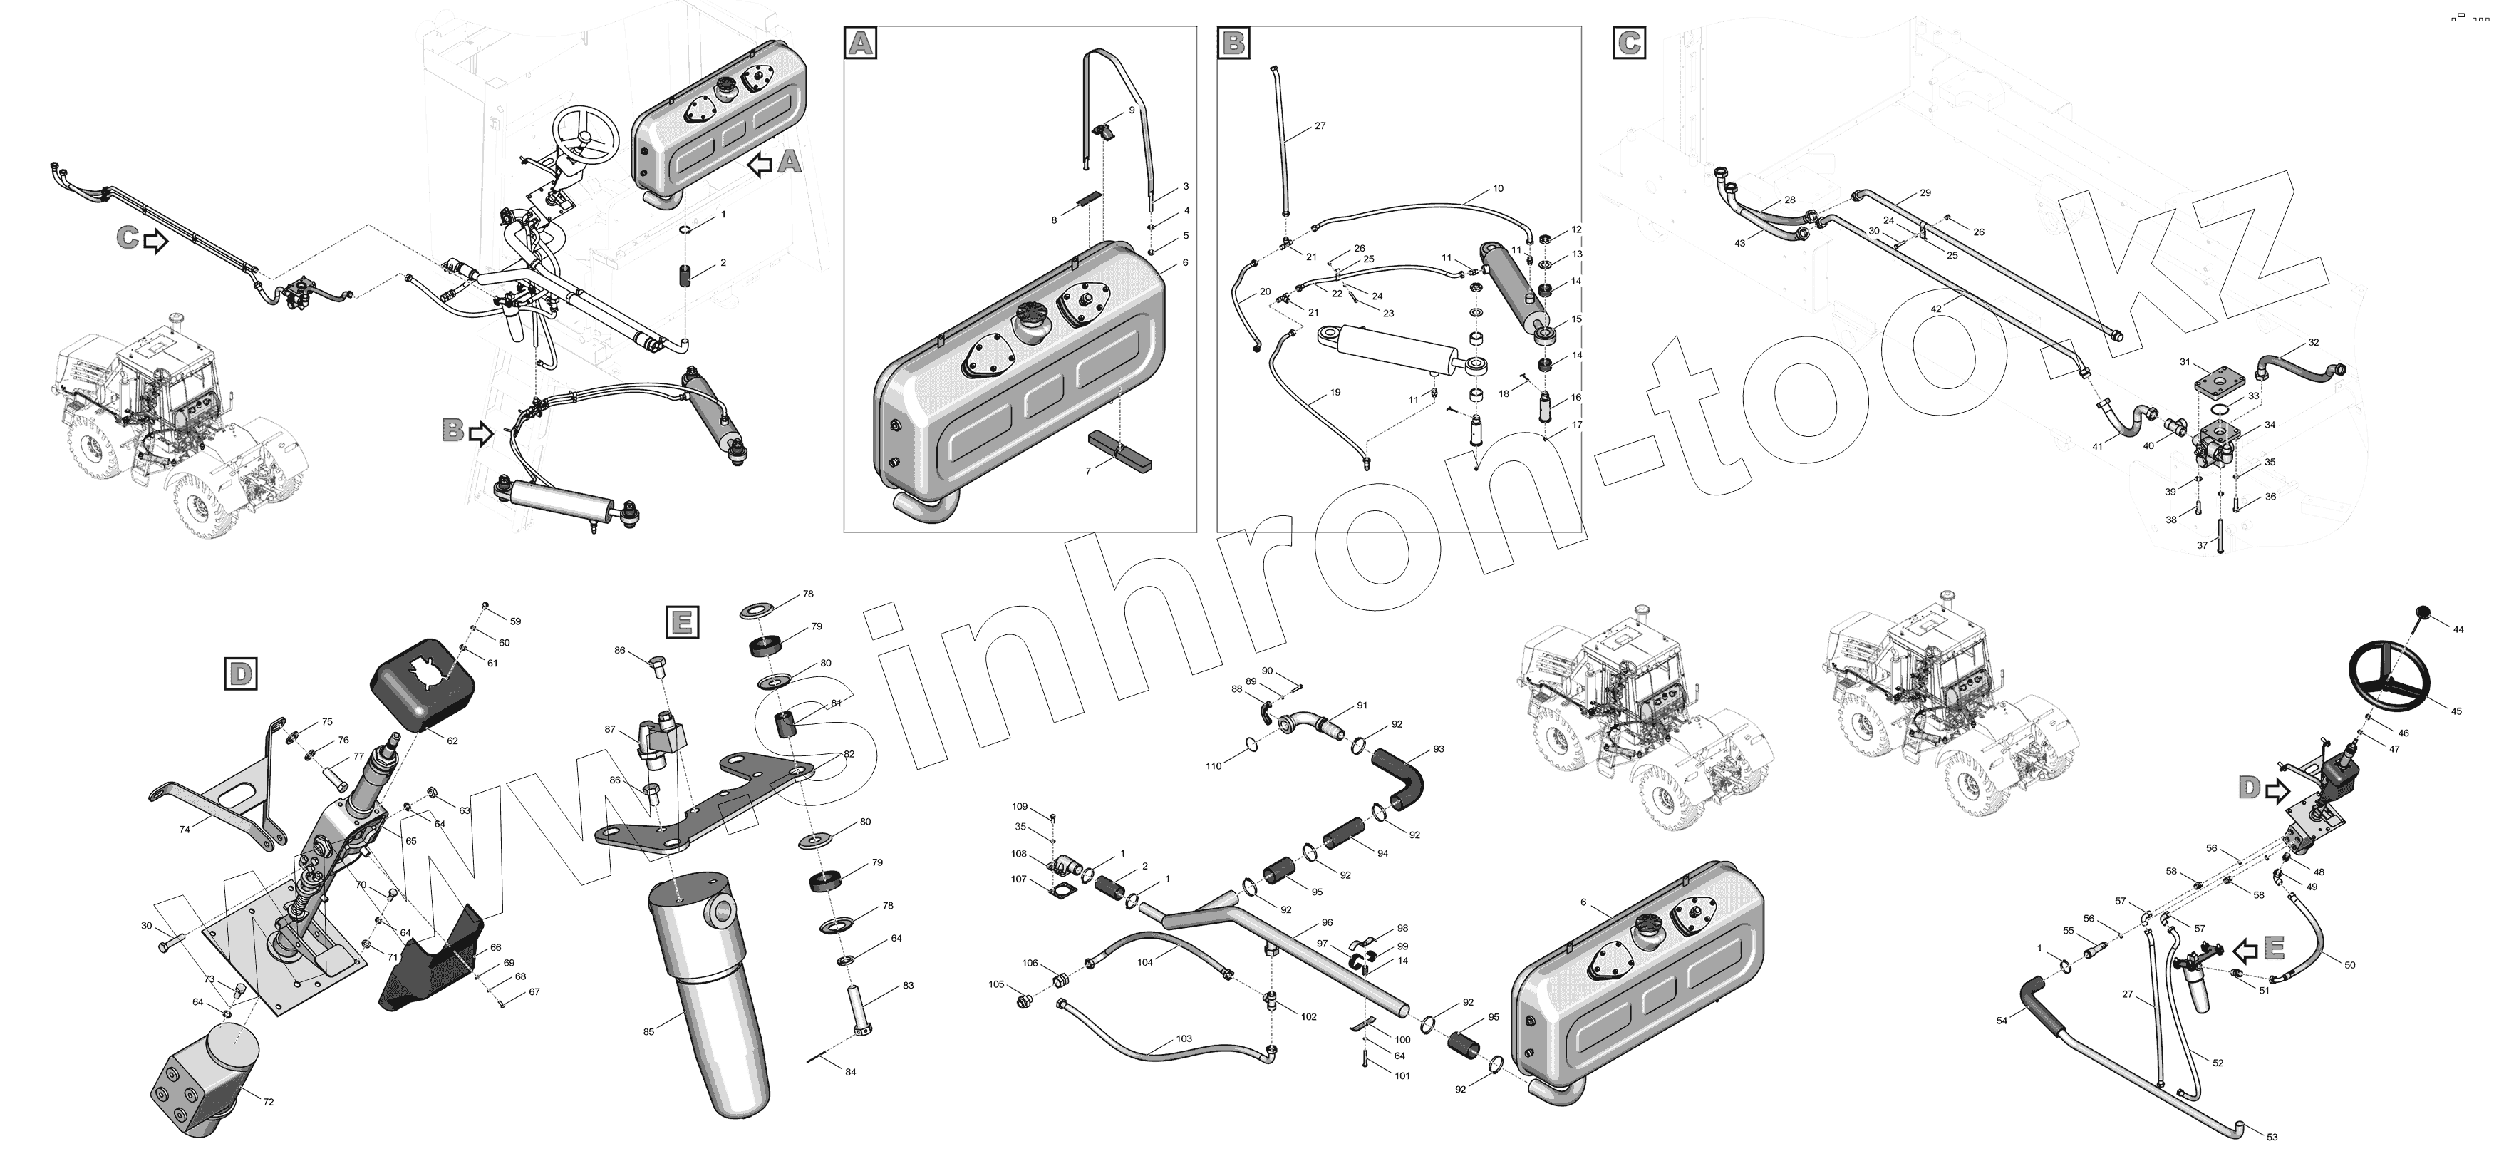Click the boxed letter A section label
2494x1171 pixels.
pos(861,43)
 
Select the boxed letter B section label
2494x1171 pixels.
pos(1233,43)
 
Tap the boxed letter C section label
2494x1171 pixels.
pos(1630,43)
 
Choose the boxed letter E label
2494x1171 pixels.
pos(683,621)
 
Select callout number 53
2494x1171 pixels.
pos(2272,1136)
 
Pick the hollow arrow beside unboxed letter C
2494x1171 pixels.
pos(155,241)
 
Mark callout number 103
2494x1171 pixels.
pos(1184,1039)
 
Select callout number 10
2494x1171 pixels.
pos(1498,189)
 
